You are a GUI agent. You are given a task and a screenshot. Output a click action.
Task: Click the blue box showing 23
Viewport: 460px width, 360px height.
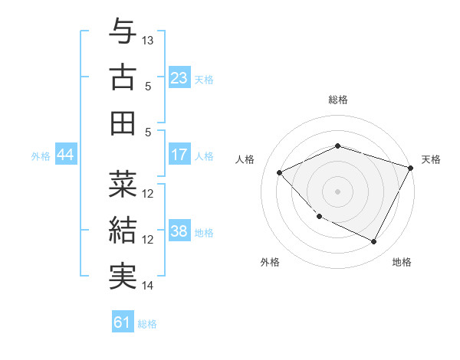coord(179,78)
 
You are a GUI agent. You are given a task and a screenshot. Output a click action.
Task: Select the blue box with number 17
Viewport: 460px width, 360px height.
coord(179,155)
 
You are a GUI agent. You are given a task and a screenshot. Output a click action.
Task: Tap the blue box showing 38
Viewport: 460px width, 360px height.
coord(179,232)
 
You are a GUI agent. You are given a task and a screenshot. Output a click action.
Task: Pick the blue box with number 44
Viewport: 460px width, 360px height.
coord(65,155)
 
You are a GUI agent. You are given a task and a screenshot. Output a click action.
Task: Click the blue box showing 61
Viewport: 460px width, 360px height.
coord(123,322)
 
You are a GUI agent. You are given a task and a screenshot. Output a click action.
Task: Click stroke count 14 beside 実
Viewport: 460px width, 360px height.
coord(148,286)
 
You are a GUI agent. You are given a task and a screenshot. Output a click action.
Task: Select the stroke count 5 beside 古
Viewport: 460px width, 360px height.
coord(148,86)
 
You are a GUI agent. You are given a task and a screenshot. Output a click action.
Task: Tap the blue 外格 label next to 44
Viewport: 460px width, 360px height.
coord(41,156)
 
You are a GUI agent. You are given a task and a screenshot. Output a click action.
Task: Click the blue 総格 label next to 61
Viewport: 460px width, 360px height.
coord(147,323)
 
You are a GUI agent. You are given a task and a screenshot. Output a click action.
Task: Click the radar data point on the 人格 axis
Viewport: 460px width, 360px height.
coord(280,172)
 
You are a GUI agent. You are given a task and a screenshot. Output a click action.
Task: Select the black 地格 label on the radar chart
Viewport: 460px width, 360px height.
coord(402,262)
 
